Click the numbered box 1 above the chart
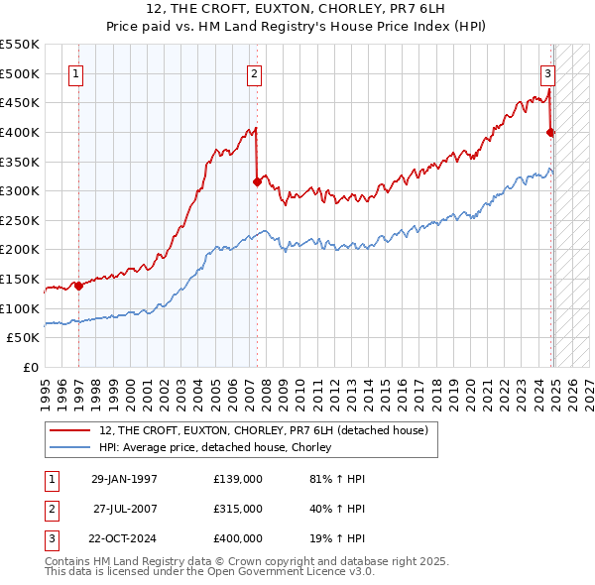(x=76, y=72)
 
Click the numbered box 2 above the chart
(x=255, y=72)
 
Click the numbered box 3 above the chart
(x=546, y=72)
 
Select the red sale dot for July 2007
(x=257, y=181)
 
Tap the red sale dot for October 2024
(x=550, y=132)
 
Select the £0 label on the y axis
(x=31, y=367)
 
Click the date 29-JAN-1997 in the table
(x=124, y=479)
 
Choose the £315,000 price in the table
(x=238, y=509)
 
